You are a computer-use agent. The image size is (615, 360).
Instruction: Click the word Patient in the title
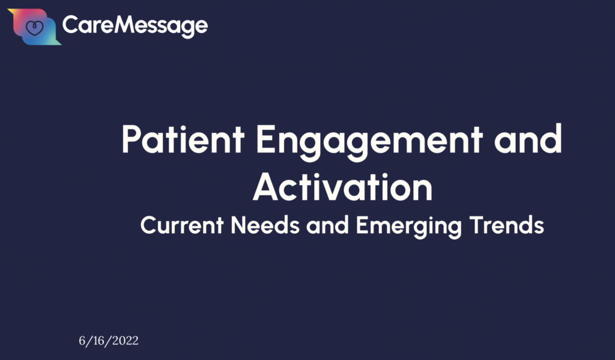pyautogui.click(x=183, y=139)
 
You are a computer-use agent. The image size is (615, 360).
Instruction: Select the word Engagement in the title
pyautogui.click(x=369, y=142)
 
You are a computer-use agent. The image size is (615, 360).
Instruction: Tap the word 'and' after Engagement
pyautogui.click(x=529, y=139)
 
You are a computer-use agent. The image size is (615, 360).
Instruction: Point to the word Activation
pyautogui.click(x=342, y=188)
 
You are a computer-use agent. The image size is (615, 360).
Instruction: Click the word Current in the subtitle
pyautogui.click(x=182, y=225)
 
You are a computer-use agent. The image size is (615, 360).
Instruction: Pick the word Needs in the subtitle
pyautogui.click(x=265, y=225)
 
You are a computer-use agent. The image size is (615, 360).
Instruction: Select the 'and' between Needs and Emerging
pyautogui.click(x=327, y=225)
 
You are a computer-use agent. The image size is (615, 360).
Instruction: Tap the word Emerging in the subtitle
pyautogui.click(x=409, y=227)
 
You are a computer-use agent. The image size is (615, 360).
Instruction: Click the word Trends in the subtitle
pyautogui.click(x=507, y=225)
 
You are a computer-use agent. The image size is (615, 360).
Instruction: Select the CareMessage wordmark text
pyautogui.click(x=135, y=26)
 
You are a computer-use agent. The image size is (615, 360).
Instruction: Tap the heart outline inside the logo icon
pyautogui.click(x=34, y=28)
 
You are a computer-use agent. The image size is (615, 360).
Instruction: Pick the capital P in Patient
pyautogui.click(x=131, y=139)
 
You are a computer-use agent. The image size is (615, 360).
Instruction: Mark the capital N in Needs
pyautogui.click(x=238, y=225)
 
